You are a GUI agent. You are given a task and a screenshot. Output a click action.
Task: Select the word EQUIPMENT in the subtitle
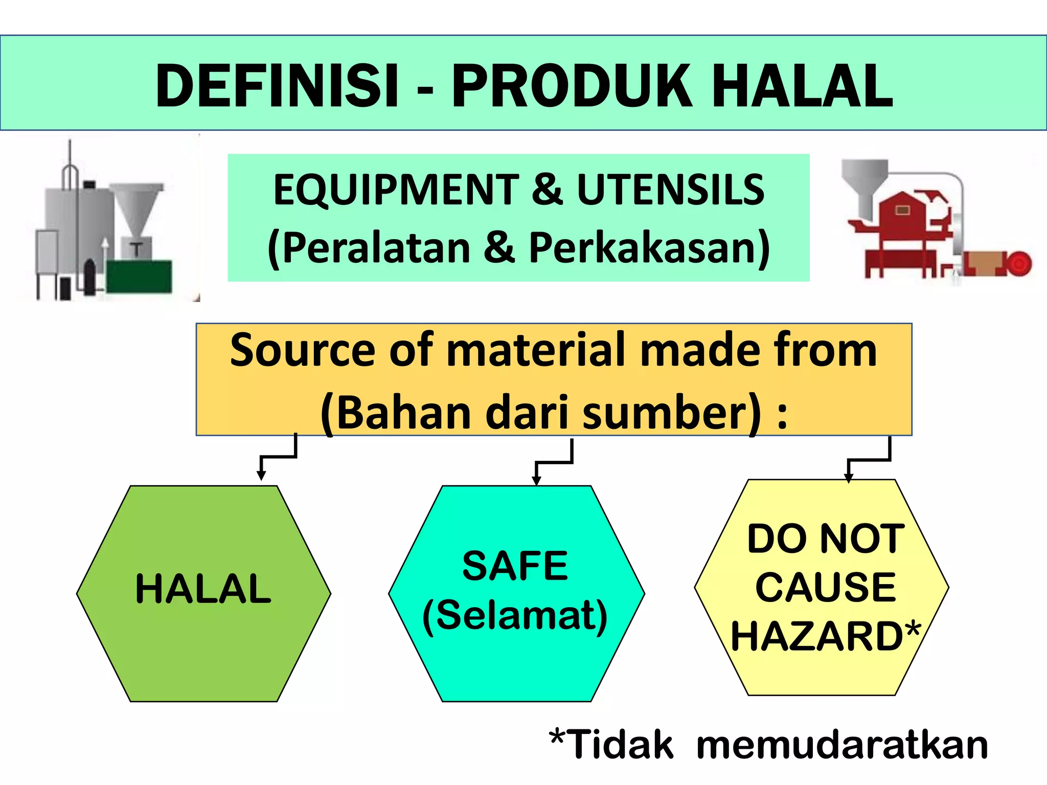(396, 190)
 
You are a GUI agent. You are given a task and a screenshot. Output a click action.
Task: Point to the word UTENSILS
(670, 190)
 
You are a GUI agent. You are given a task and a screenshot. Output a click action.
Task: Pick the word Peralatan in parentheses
(376, 248)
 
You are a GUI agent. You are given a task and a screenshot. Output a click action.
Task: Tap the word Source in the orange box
(304, 351)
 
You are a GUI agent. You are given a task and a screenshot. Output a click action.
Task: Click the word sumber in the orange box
(671, 413)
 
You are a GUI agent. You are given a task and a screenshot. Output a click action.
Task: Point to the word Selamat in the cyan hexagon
(515, 615)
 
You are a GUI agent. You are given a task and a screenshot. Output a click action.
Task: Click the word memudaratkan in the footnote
(842, 745)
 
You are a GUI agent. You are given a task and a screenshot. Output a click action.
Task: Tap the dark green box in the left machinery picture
(139, 276)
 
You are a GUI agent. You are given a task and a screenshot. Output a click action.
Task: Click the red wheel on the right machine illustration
(1018, 264)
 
